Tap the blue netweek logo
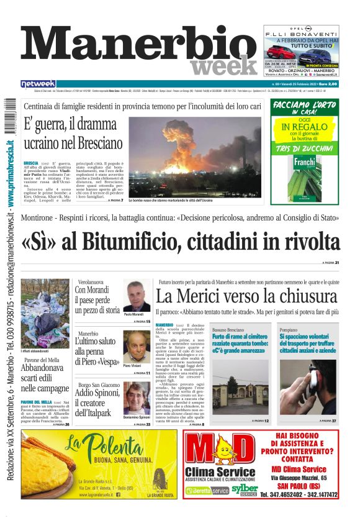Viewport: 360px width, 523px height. pyautogui.click(x=38, y=83)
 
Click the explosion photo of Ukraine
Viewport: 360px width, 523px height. pyautogui.click(x=194, y=156)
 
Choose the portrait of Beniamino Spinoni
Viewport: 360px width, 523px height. pyautogui.click(x=136, y=398)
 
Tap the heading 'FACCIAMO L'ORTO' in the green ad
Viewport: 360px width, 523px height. pyautogui.click(x=304, y=103)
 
